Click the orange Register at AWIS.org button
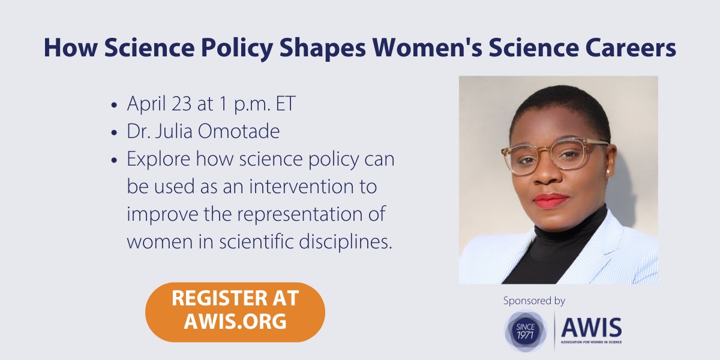(235, 312)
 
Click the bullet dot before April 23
(114, 105)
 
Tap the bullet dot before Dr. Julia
(114, 132)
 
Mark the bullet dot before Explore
(114, 160)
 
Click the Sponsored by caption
(535, 301)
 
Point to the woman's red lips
(550, 200)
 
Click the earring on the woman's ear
(607, 172)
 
